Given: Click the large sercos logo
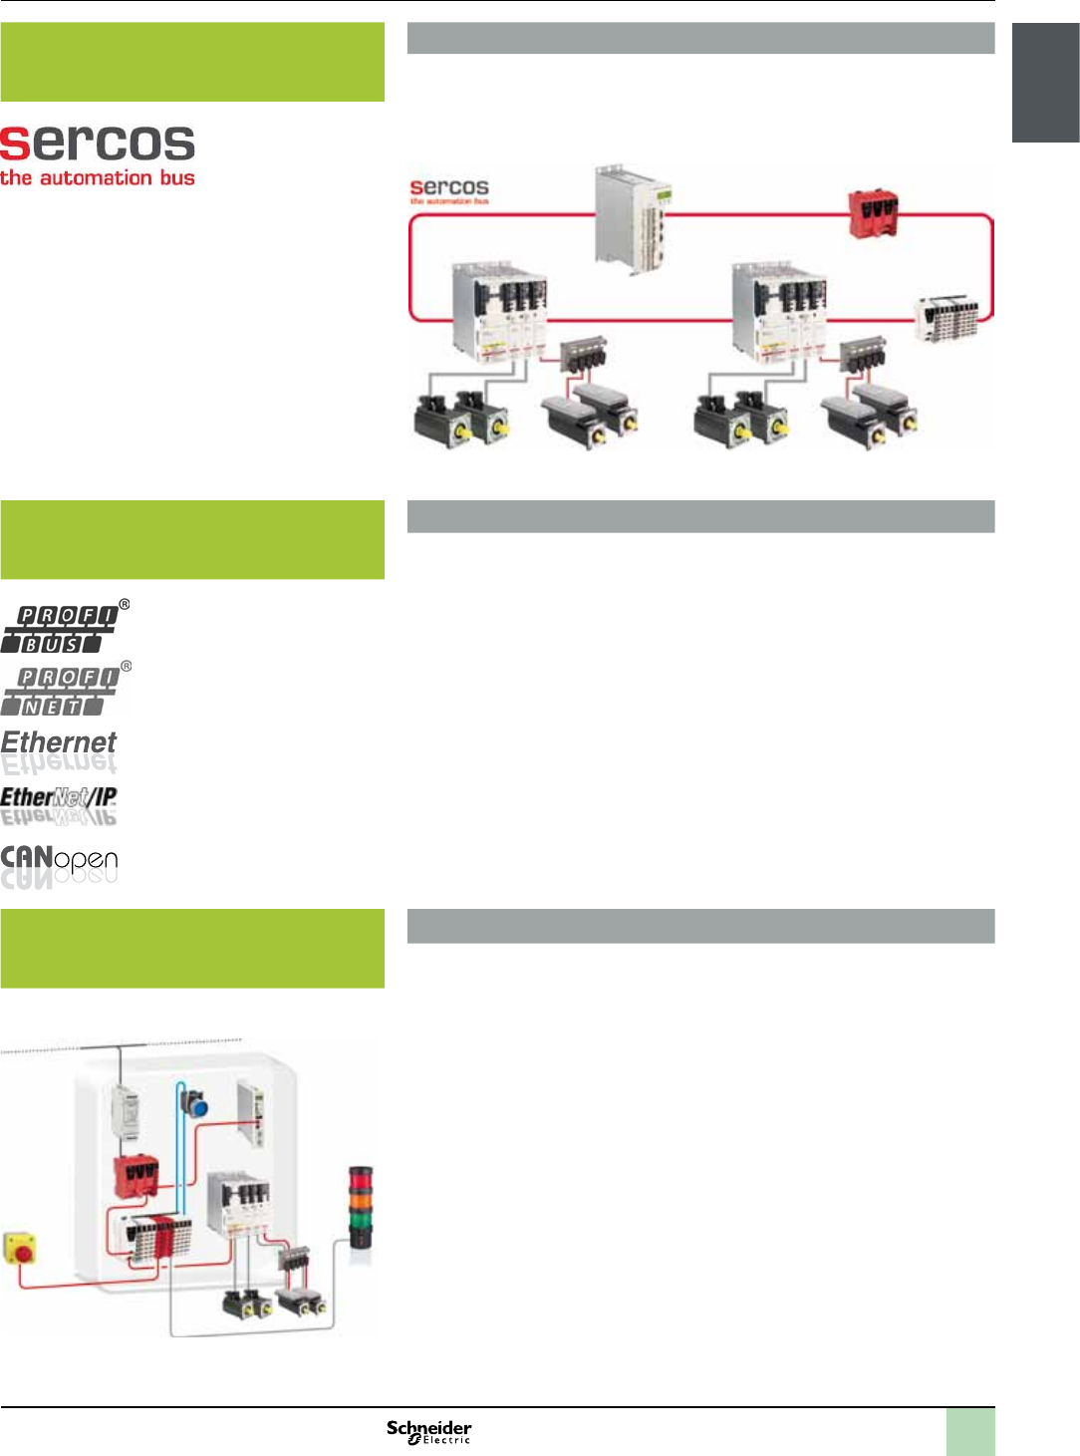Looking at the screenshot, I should (97, 155).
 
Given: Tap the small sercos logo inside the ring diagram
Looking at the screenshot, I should (449, 189).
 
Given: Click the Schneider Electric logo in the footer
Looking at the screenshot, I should (428, 1431).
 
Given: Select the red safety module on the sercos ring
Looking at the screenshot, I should (873, 214).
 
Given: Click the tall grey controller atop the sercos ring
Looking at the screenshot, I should (632, 217).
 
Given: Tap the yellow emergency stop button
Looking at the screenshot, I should (20, 1248).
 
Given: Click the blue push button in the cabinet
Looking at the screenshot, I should (195, 1105).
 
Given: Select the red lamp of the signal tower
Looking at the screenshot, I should (360, 1179).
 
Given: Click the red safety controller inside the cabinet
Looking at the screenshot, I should (135, 1176).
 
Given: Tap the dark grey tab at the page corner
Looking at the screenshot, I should (1045, 83).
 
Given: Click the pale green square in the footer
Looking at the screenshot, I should (969, 1431).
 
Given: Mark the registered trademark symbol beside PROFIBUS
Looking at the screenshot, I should (125, 604).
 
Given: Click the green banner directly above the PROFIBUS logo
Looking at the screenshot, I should (192, 539).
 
